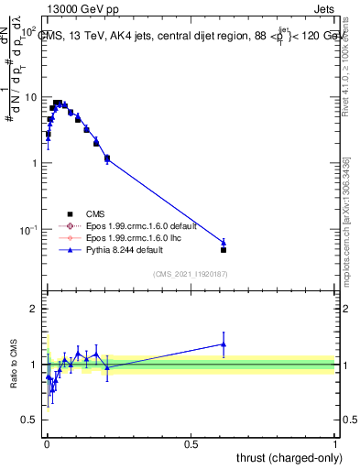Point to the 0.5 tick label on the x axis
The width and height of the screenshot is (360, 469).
pyautogui.click(x=191, y=442)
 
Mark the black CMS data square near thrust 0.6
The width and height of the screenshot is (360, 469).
pyautogui.click(x=224, y=249)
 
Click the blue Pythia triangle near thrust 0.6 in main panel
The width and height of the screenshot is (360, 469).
pyautogui.click(x=224, y=242)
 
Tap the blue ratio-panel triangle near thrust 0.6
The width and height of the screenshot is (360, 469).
pyautogui.click(x=224, y=344)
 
